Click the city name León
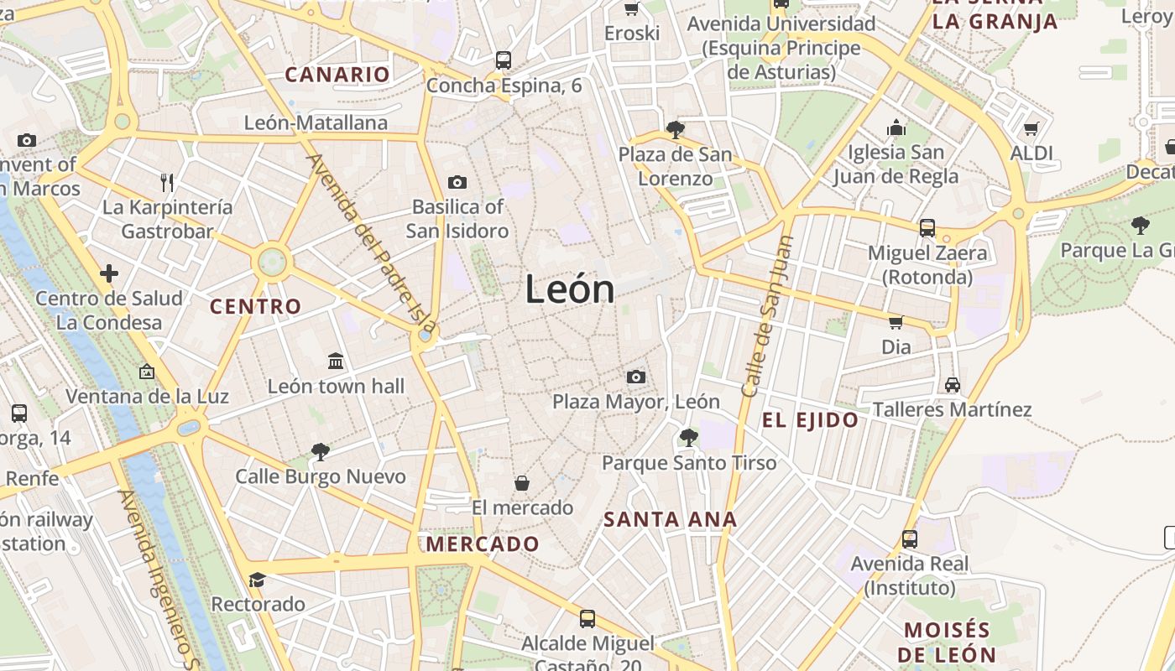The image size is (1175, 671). point(570,289)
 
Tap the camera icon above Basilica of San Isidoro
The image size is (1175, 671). point(457,182)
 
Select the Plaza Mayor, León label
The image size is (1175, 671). point(635,402)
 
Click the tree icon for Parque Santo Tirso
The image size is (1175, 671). point(689,437)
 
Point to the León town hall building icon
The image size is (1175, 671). point(337,362)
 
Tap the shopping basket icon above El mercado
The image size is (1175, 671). point(522,483)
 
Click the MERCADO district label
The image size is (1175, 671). point(483,544)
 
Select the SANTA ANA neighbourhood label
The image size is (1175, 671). point(670,519)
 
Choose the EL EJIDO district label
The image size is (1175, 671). point(810,420)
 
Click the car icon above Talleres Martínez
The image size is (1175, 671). point(952,385)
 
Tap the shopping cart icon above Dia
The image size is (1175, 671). point(896,322)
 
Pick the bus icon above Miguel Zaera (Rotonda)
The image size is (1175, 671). point(927,227)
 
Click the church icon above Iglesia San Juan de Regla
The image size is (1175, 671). point(896,128)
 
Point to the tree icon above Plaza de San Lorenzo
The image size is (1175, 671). point(675,130)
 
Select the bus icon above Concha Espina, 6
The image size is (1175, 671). point(504,60)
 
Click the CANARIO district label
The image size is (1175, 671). point(337,75)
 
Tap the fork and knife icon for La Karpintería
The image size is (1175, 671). point(167,182)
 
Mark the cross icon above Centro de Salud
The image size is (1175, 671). point(109,273)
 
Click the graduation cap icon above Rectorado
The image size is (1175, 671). point(257,580)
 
